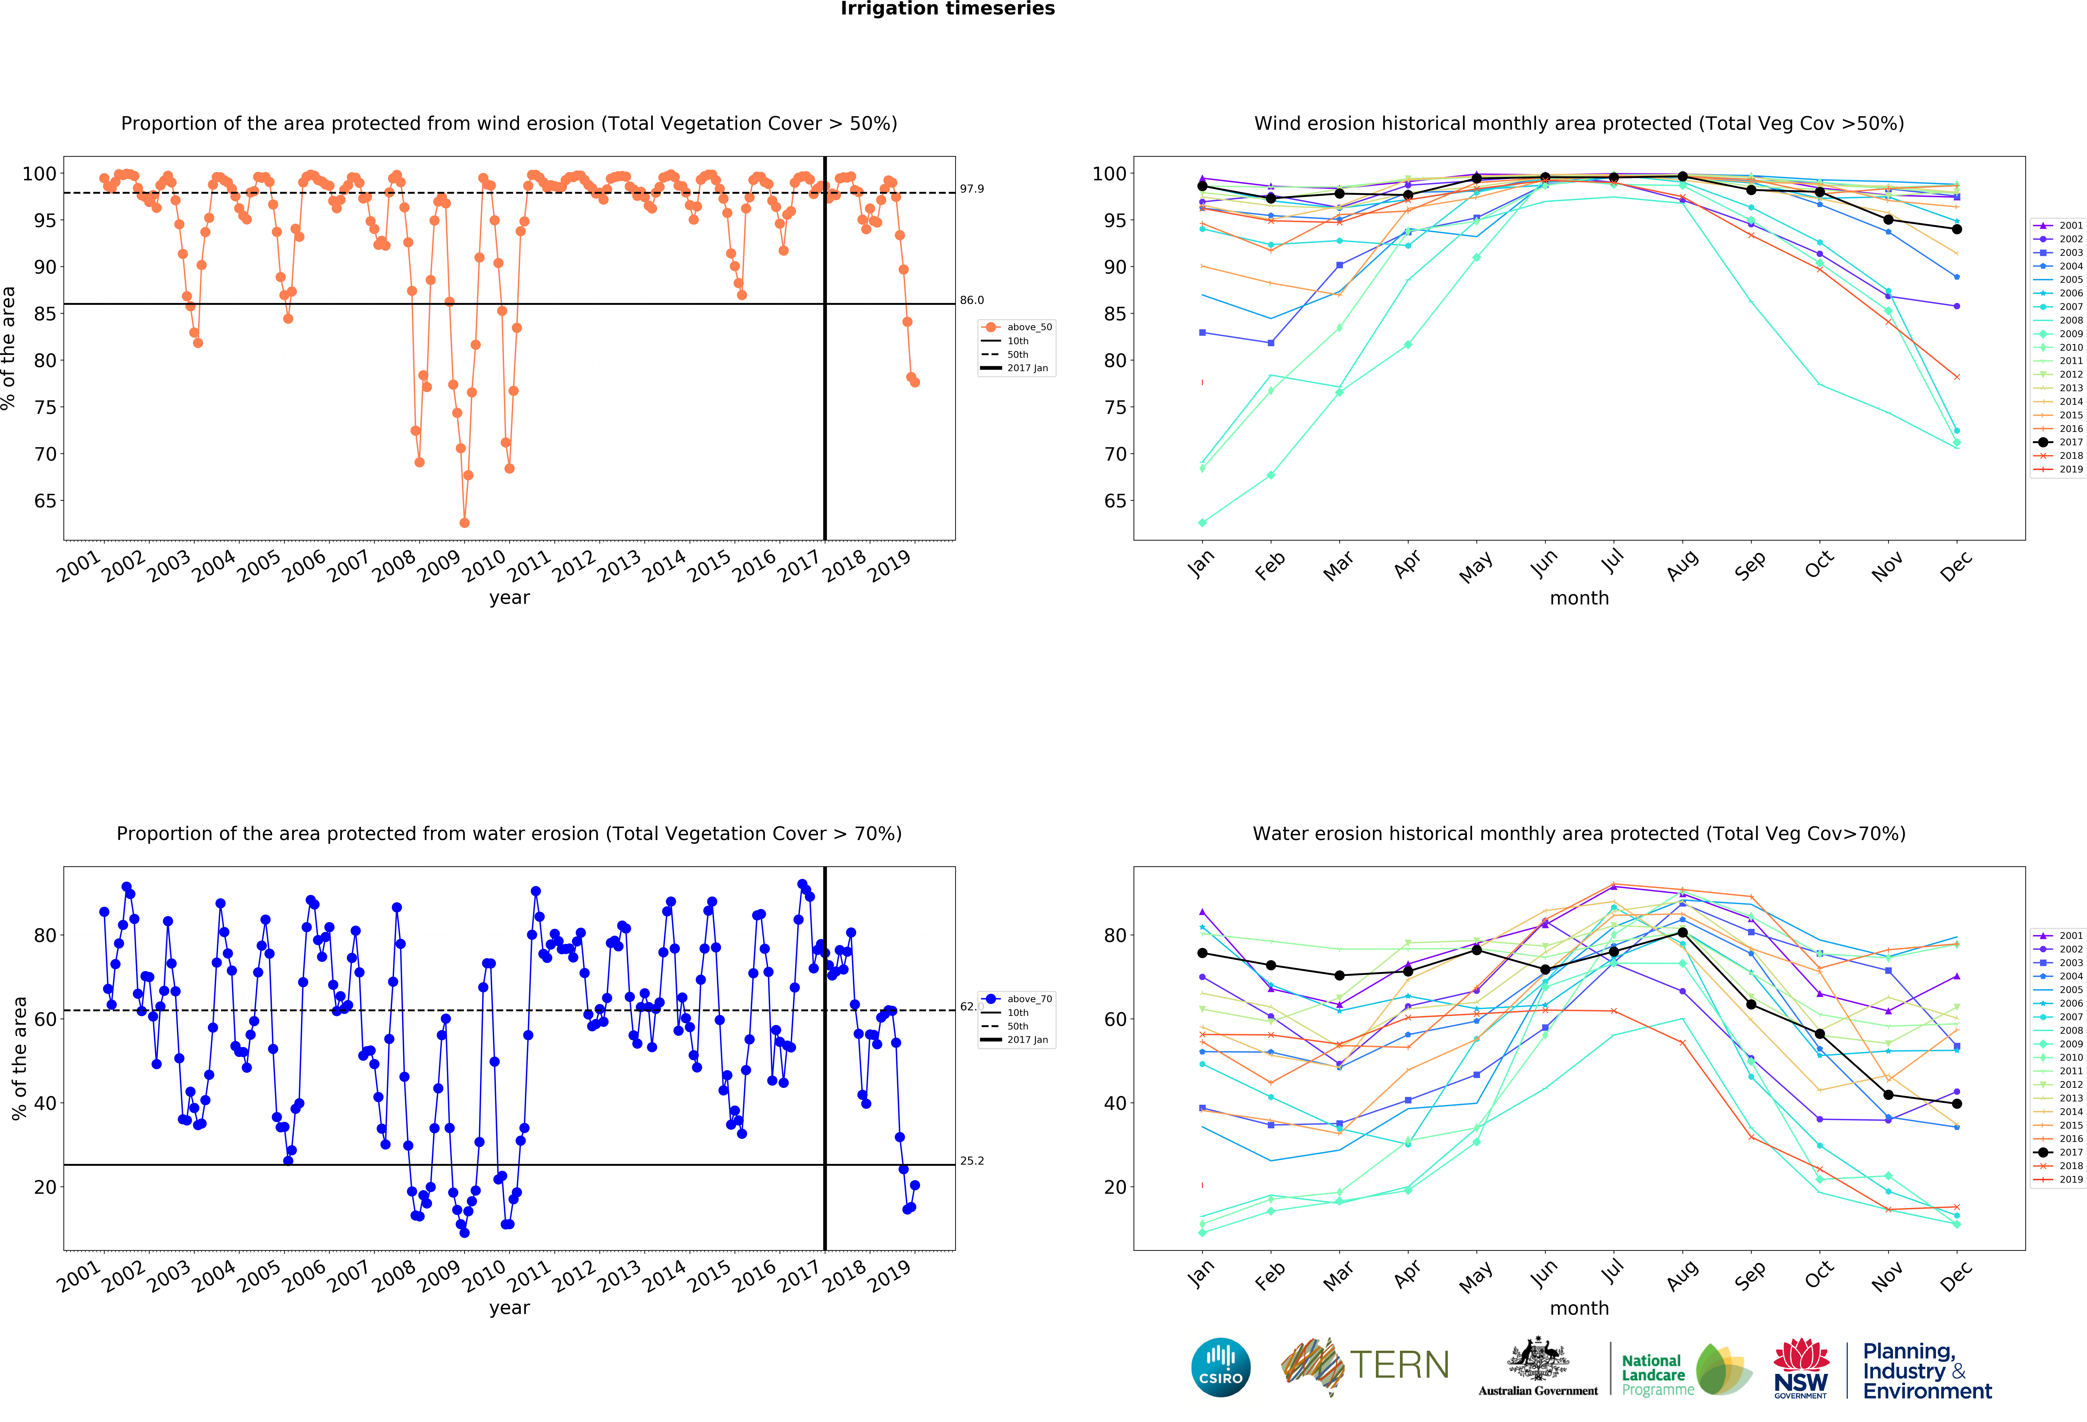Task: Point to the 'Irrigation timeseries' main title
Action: pos(947,9)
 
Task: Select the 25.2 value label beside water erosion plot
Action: pos(972,1161)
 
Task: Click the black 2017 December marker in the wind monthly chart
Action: pos(1957,229)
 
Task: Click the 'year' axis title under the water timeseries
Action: pos(509,1308)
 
